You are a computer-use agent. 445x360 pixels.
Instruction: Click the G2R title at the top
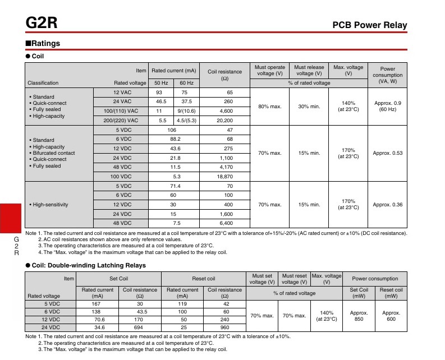[x=41, y=24]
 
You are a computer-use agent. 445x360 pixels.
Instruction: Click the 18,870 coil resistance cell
[x=225, y=176]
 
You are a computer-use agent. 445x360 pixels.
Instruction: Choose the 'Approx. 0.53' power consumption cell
[x=388, y=153]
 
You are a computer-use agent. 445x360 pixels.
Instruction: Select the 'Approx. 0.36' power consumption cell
[x=388, y=205]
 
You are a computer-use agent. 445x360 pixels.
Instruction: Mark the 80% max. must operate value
[x=269, y=106]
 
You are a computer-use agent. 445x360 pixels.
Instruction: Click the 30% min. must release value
[x=309, y=106]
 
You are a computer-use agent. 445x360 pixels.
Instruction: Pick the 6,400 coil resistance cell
[x=225, y=223]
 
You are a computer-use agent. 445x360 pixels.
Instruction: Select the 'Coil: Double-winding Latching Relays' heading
[x=86, y=265]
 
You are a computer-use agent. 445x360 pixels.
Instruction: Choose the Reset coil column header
[x=203, y=279]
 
